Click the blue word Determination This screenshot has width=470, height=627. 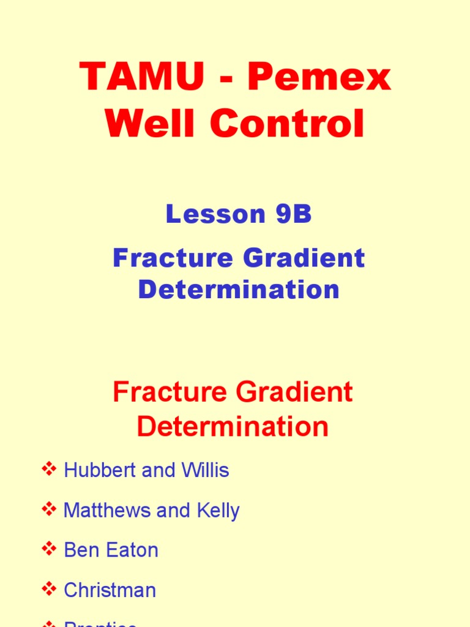pyautogui.click(x=239, y=290)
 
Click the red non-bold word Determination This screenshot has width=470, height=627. pyautogui.click(x=233, y=426)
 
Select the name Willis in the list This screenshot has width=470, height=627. pyautogui.click(x=205, y=470)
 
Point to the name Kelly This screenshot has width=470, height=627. pyautogui.click(x=217, y=511)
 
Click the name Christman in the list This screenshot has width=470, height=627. pyautogui.click(x=110, y=590)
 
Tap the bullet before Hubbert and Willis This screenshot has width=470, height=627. pyautogui.click(x=48, y=470)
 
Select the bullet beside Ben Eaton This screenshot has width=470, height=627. pyautogui.click(x=48, y=549)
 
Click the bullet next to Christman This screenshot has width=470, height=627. pyautogui.click(x=48, y=590)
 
